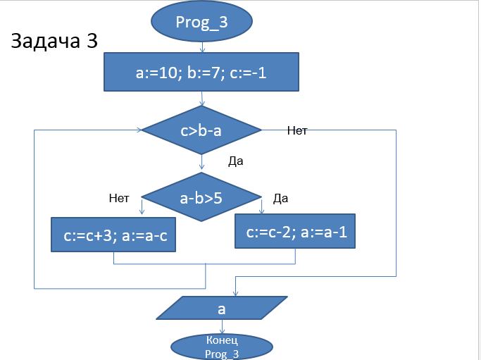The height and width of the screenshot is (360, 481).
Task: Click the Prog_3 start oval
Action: coord(202,21)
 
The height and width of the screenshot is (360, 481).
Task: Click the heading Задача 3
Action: coord(54,42)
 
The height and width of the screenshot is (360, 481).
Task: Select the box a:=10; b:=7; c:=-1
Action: coord(202,73)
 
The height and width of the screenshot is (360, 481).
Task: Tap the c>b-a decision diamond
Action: coord(202,130)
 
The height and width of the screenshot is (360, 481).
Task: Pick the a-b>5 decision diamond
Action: coord(202,198)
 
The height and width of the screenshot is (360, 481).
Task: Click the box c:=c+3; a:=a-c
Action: coord(113,235)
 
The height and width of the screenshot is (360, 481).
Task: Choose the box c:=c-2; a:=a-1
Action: coord(295,232)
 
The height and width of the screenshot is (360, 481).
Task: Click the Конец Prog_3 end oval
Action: coord(223,347)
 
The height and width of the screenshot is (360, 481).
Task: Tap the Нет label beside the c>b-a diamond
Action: coord(298,130)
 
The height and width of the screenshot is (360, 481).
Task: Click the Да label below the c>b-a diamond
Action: coord(236,161)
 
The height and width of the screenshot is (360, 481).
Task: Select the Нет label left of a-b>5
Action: coord(119,198)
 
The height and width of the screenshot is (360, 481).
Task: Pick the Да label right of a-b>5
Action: coord(280,198)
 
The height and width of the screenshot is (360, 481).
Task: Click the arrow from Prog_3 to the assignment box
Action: coord(203,48)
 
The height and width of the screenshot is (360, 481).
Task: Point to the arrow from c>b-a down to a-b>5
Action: coord(202,163)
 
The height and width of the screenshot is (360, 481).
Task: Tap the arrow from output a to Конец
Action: coord(223,327)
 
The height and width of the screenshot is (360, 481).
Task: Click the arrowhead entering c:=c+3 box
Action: coord(143,212)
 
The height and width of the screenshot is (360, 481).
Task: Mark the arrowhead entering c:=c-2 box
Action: coord(262,210)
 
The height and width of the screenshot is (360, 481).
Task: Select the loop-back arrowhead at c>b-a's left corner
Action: coord(139,130)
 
